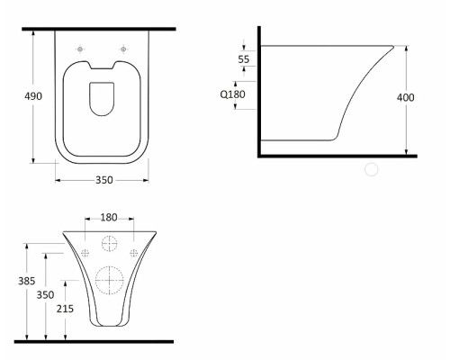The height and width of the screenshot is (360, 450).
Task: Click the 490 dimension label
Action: click(33, 96)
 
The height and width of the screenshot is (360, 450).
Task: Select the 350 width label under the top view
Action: click(104, 180)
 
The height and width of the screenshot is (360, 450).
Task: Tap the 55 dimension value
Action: click(244, 59)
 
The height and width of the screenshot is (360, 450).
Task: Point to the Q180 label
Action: click(233, 94)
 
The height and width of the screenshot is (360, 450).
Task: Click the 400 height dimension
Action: click(406, 97)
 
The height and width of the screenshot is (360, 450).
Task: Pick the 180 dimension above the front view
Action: click(109, 218)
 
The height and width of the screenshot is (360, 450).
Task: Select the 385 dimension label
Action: click(27, 281)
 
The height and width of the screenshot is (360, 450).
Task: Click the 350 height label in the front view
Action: click(45, 295)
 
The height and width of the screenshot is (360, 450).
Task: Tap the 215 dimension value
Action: click(65, 309)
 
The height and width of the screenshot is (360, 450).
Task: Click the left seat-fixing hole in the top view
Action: click(80, 49)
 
